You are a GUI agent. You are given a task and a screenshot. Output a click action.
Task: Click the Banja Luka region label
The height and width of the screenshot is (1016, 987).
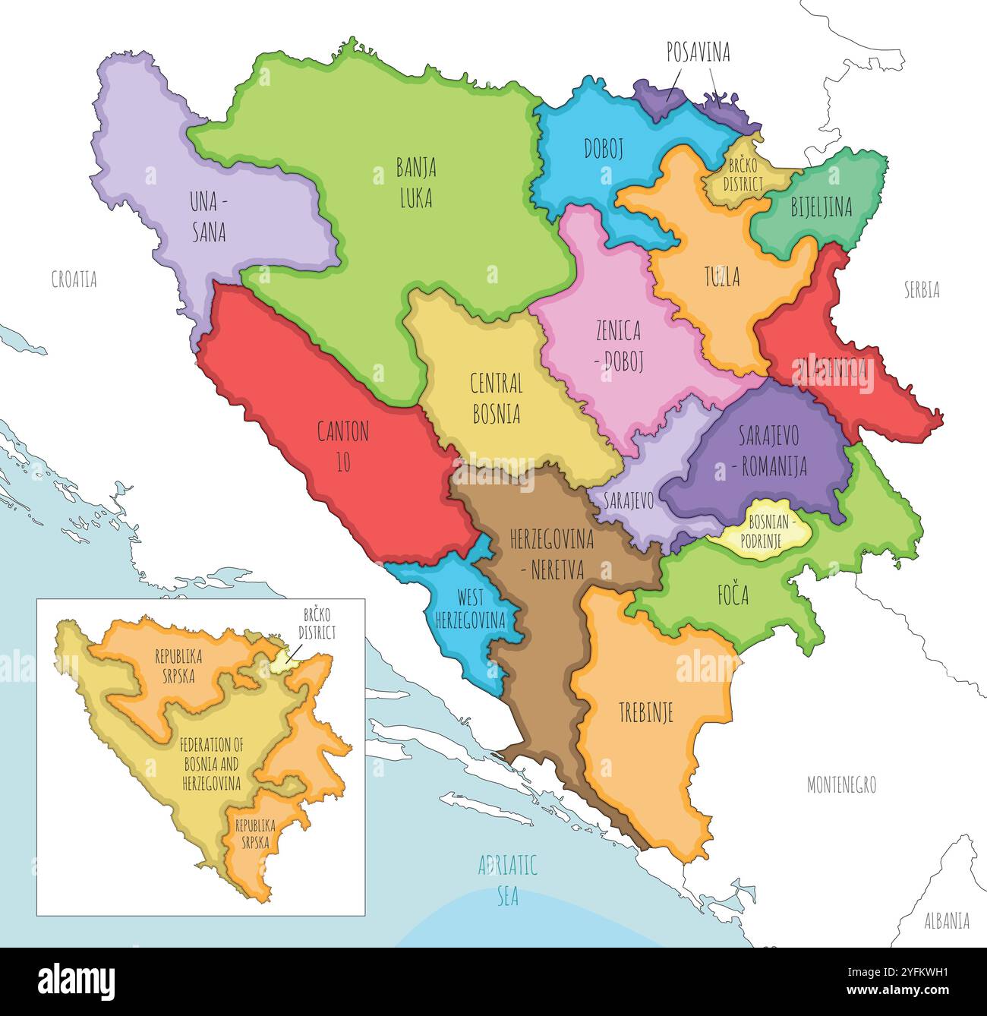(415, 182)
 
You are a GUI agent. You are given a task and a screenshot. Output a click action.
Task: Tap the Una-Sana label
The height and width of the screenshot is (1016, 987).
(208, 216)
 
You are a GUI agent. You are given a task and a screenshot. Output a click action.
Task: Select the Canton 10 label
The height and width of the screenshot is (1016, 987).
(343, 446)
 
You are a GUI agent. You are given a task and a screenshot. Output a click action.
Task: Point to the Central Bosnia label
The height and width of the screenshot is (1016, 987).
(496, 398)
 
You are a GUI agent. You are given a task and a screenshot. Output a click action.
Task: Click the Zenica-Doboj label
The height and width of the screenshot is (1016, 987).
(618, 345)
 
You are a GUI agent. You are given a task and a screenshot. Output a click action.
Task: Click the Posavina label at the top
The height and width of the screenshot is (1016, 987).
(698, 52)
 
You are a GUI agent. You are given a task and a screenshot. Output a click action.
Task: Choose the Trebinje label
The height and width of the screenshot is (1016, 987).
(645, 712)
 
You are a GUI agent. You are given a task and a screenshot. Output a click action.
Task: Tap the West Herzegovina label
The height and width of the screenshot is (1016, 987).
(470, 608)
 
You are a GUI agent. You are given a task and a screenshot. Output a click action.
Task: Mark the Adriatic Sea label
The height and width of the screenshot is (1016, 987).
(507, 880)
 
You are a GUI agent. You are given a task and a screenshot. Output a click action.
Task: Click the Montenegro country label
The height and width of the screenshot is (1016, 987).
(841, 785)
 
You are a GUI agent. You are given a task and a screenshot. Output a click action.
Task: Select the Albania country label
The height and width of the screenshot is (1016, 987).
(946, 921)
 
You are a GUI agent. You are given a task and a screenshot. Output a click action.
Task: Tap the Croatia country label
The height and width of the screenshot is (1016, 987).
(74, 279)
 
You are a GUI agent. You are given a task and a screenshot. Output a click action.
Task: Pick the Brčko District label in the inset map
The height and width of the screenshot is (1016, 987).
(317, 623)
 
